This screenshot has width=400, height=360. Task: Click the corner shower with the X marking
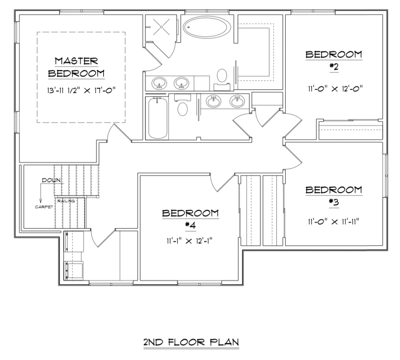pos(161,27)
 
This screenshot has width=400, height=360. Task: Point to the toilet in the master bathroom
pos(222,76)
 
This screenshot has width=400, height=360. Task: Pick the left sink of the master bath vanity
pos(159,83)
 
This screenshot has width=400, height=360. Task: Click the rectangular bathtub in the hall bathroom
pos(157,118)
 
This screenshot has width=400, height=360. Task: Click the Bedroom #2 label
pos(333,59)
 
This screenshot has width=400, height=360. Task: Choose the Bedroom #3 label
pos(333,195)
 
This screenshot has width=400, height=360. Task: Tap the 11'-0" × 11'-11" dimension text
pos(333,221)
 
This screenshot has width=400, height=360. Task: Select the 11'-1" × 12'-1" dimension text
pos(190,241)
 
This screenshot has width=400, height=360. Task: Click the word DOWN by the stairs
pos(50,180)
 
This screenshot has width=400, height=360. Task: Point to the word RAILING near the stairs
pos(66,201)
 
